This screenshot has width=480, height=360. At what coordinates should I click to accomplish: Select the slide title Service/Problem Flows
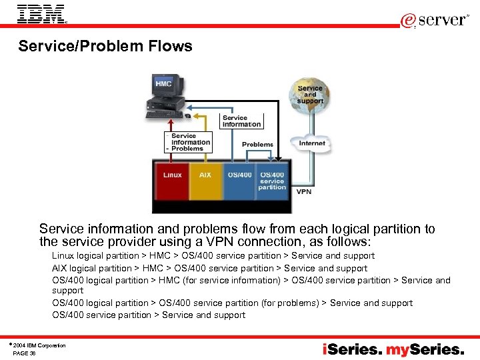[x=105, y=46]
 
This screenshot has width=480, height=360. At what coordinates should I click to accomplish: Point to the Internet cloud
[x=311, y=143]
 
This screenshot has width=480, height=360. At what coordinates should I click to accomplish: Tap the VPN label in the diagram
[x=303, y=192]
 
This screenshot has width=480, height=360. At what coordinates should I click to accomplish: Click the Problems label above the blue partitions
[x=257, y=144]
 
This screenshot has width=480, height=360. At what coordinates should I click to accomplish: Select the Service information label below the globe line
[x=241, y=121]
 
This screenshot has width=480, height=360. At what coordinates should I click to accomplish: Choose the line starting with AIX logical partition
[x=209, y=268]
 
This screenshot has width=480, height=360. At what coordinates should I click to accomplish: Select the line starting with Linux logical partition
[x=213, y=255]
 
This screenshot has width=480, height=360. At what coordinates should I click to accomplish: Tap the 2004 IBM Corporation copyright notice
[x=40, y=345]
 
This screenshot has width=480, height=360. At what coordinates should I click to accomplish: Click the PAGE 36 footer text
[x=24, y=353]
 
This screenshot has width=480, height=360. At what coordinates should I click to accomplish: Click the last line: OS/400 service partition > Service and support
[x=149, y=315]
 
